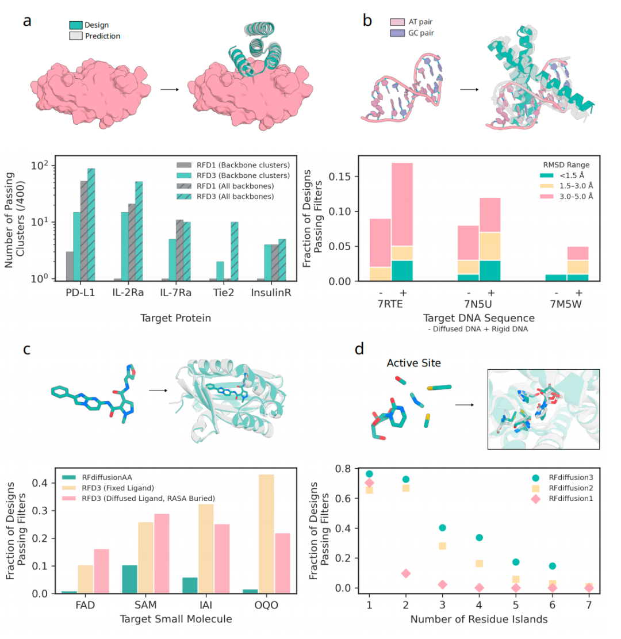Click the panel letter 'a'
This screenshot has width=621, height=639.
pos(27,21)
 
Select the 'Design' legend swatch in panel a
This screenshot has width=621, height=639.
pos(76,25)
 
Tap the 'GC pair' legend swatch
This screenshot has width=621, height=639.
pos(397,33)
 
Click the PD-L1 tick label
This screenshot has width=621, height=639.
pos(80,293)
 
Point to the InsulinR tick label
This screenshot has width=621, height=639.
pos(271,293)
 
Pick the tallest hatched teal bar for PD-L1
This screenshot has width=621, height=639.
pos(91,224)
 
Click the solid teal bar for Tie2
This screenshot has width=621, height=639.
pos(220,271)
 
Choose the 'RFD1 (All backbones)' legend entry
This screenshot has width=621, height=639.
pos(225,186)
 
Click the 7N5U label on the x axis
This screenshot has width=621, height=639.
pos(478,304)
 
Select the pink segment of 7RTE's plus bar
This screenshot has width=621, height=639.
pos(402,205)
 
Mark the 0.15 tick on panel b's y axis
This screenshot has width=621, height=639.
pos(339,177)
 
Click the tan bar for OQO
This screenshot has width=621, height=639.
pos(266,534)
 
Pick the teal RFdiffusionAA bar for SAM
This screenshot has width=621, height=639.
pos(129,579)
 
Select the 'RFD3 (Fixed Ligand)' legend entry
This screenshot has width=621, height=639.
pos(108,488)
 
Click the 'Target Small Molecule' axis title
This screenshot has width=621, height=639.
pos(176,619)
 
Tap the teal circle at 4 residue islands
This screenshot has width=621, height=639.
pos(479,538)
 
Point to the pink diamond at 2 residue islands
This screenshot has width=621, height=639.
pos(406,573)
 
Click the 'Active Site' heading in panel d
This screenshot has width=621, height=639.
pos(413,363)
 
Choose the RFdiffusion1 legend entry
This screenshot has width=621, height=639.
pos(562,499)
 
